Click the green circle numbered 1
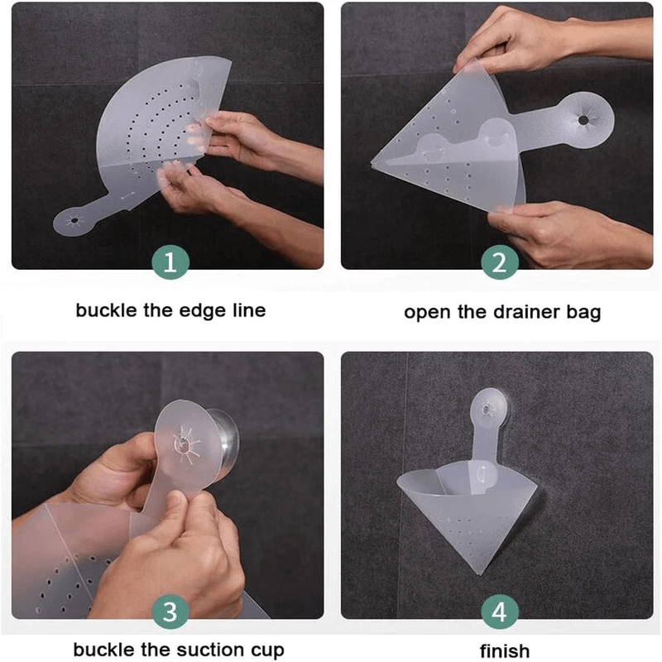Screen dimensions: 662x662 tap(170, 262)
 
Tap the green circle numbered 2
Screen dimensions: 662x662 tap(500, 262)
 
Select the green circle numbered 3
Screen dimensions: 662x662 tap(170, 612)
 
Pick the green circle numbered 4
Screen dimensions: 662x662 tap(500, 612)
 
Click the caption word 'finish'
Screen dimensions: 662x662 tap(505, 650)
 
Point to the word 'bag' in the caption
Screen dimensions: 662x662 tap(584, 314)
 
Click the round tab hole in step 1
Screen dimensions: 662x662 tap(74, 220)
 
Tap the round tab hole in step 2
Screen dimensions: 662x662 tap(583, 120)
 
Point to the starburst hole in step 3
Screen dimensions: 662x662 tap(183, 444)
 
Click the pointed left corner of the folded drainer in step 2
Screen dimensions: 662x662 tap(372, 164)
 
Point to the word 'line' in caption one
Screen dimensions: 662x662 tap(249, 311)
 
